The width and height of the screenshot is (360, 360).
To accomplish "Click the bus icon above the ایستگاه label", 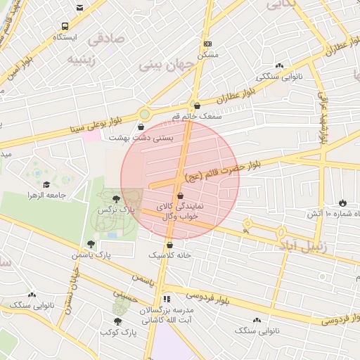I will click(65, 25).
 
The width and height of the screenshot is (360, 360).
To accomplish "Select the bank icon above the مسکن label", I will click(206, 44).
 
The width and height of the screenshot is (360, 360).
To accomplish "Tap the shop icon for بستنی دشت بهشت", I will click(143, 127).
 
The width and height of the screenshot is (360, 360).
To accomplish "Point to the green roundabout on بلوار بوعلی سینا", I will click(145, 114).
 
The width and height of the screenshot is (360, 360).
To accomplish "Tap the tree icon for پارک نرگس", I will click(116, 199).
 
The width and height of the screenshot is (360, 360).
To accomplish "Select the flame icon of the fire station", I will click(342, 202).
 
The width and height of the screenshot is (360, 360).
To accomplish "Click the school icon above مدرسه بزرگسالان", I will click(166, 299).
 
